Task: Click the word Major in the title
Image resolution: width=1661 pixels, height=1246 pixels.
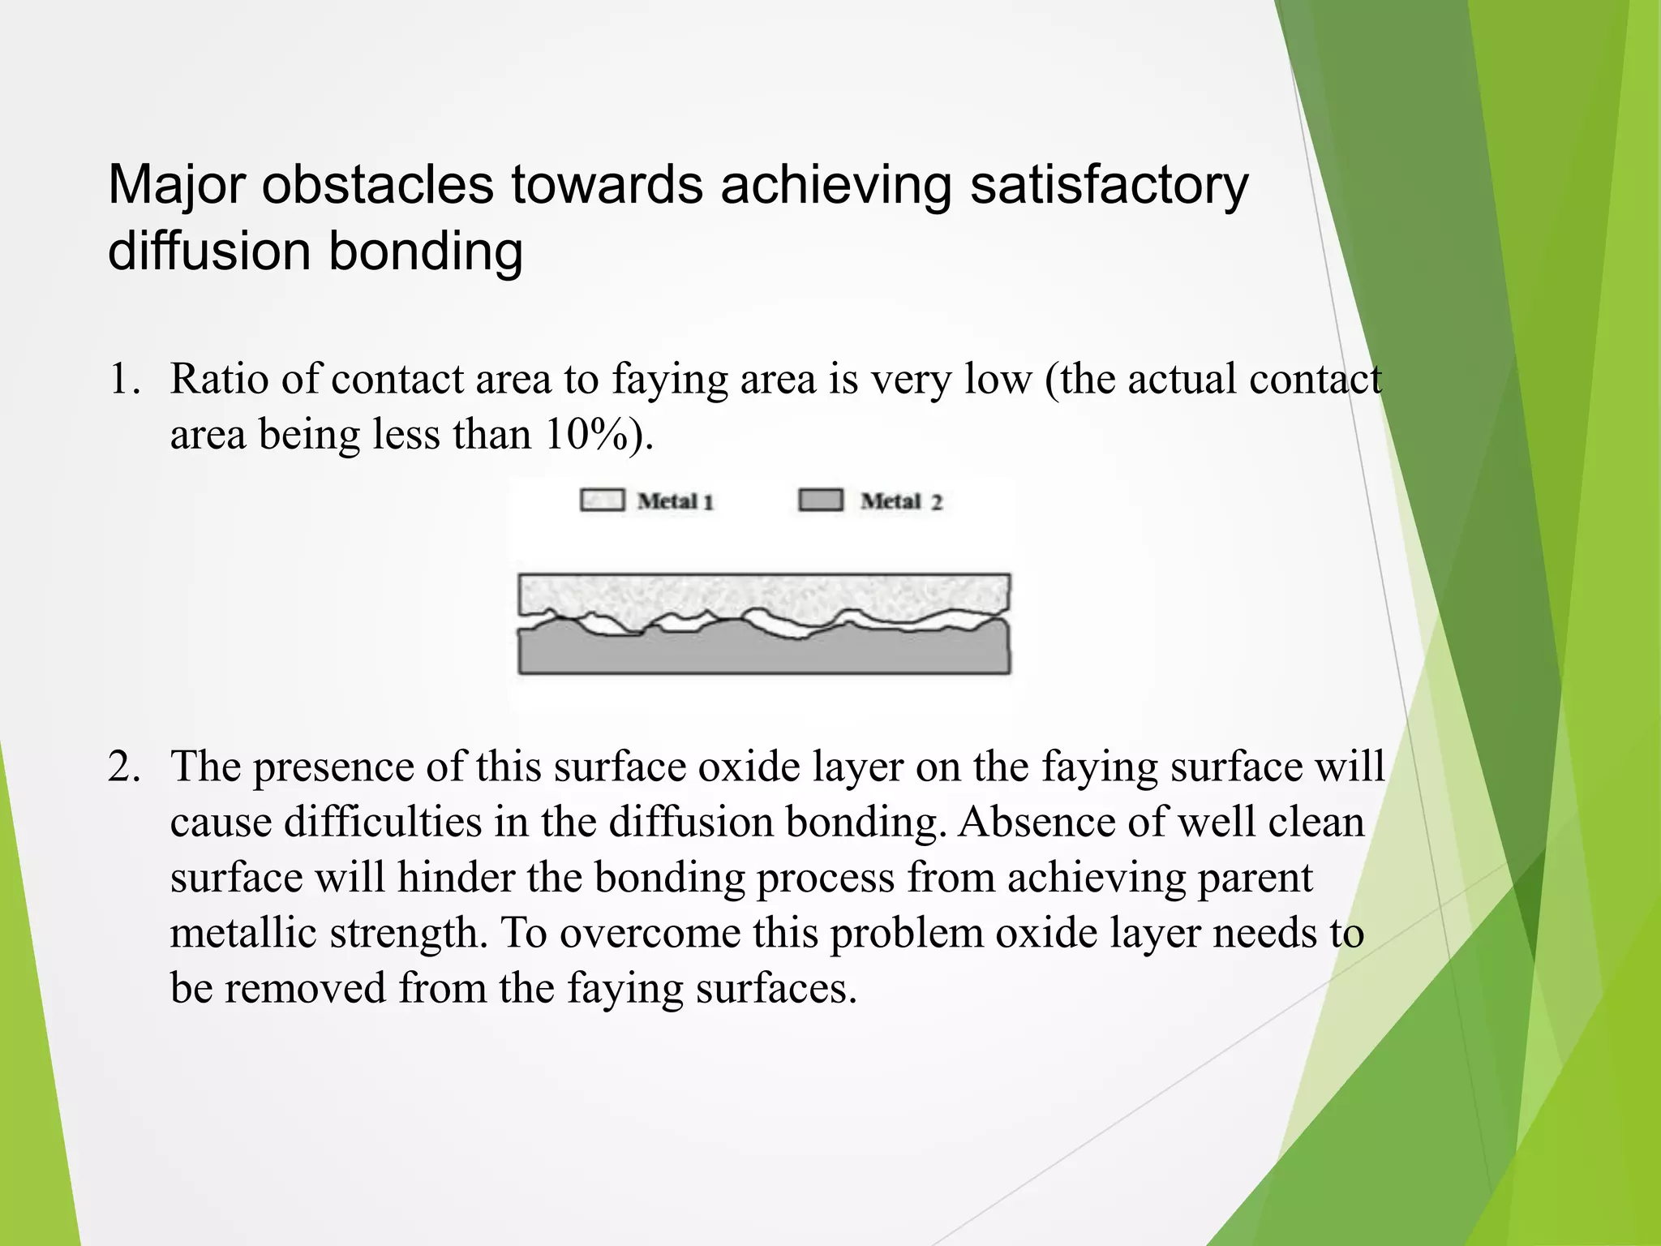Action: [x=177, y=186]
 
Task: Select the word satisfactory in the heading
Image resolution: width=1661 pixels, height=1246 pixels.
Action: [x=1109, y=186]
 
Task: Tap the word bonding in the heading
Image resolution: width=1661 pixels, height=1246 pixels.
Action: [x=425, y=251]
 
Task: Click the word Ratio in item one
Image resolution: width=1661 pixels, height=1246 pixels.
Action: [x=218, y=380]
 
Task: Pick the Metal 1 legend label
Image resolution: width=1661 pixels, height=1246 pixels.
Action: [x=675, y=501]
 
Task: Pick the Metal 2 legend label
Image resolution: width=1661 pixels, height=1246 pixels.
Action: [x=901, y=501]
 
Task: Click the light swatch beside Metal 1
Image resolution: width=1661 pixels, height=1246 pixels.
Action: [x=602, y=500]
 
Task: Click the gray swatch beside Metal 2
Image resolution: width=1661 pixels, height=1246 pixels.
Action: [x=821, y=500]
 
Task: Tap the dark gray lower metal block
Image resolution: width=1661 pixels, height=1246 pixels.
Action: [x=762, y=654]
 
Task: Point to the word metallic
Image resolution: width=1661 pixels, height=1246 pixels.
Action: [x=242, y=933]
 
